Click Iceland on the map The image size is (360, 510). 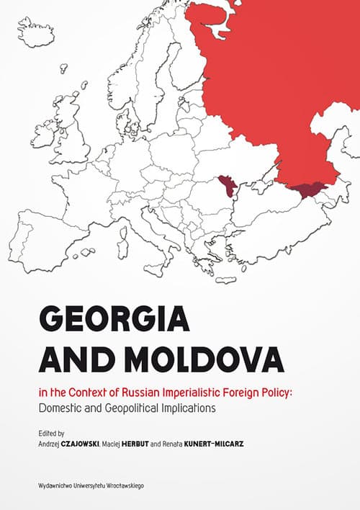coord(35,32)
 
